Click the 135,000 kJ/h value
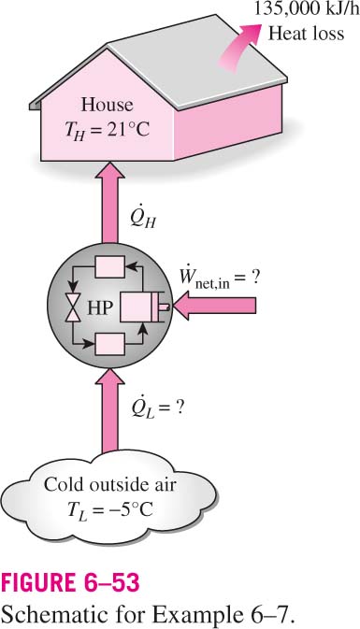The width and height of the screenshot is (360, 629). (x=307, y=8)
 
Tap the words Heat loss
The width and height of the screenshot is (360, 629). (x=306, y=33)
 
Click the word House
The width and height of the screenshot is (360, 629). (x=107, y=105)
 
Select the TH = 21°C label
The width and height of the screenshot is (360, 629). (x=108, y=129)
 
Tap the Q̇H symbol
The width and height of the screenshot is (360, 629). (x=143, y=218)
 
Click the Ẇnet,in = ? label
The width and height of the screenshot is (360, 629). (x=219, y=279)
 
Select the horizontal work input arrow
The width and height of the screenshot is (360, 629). (x=215, y=307)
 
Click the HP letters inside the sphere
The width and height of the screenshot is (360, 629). (x=100, y=308)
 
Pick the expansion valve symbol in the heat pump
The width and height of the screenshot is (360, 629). (x=73, y=307)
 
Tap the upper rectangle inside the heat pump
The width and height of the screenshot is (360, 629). (x=109, y=267)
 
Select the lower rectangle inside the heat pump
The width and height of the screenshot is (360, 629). (x=109, y=344)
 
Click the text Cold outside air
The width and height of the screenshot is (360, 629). (x=109, y=484)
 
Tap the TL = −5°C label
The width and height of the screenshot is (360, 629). (x=109, y=509)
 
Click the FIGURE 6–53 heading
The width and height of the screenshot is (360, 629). (x=71, y=583)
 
